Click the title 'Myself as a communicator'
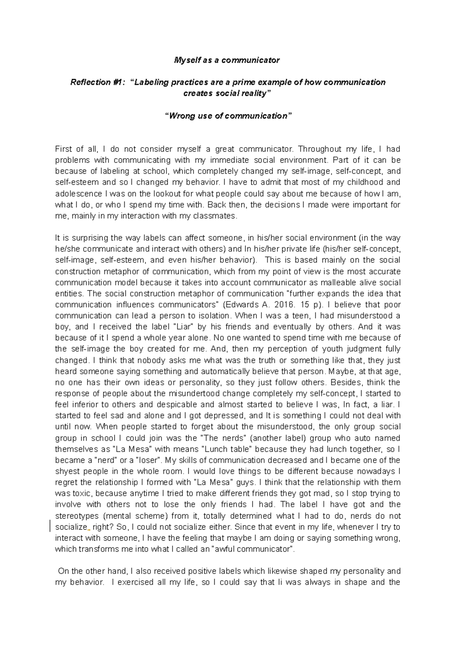[226, 60]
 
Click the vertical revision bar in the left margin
[50, 527]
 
